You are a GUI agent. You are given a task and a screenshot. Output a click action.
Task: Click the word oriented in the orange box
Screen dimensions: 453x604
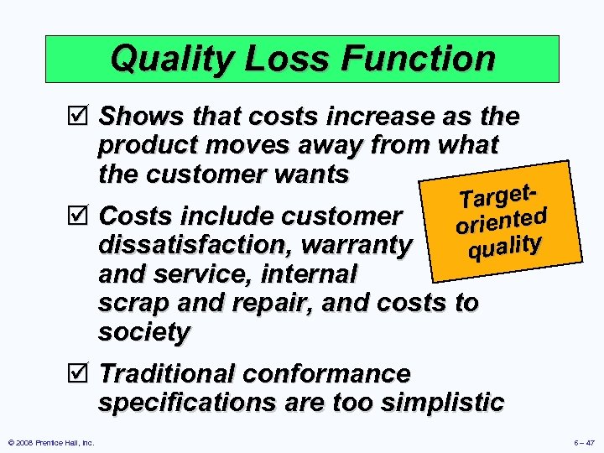pos(502,221)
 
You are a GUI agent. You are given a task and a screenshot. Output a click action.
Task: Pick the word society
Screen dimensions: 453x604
pos(144,332)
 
